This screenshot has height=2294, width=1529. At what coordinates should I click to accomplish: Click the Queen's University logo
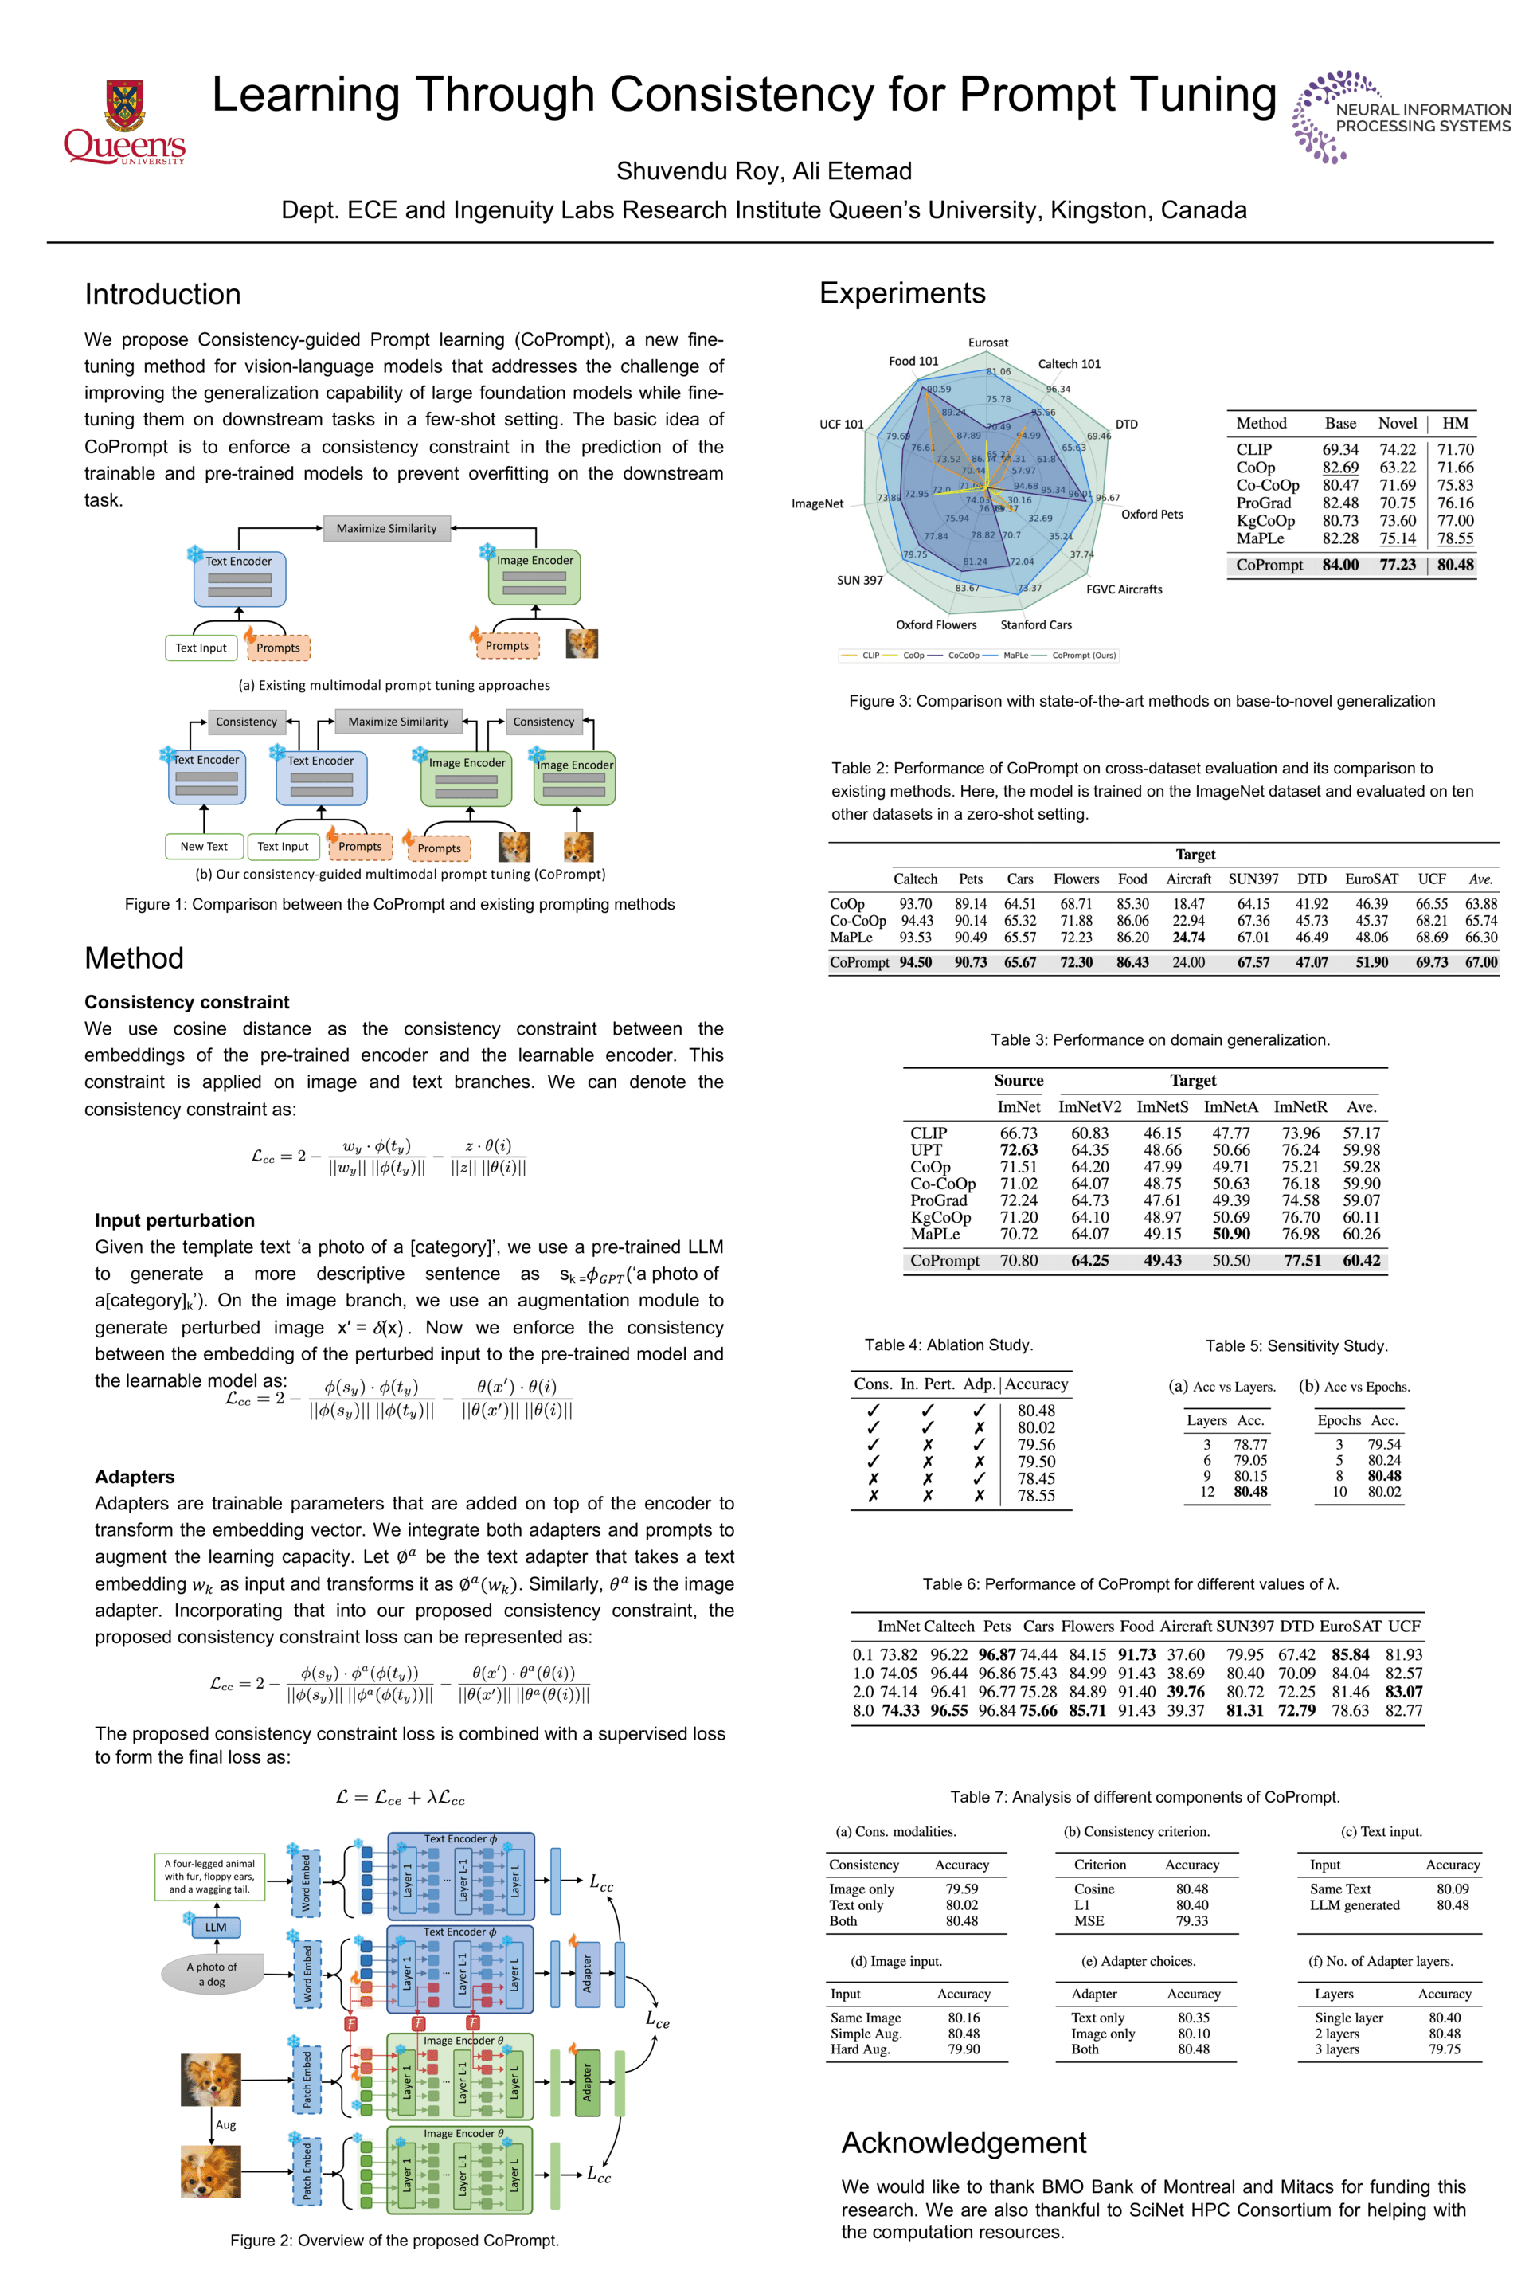point(124,122)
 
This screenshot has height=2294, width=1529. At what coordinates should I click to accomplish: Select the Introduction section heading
point(162,294)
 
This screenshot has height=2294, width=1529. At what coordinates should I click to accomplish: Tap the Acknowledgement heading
point(963,2143)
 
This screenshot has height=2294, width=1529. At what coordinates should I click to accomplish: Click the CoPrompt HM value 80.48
point(1455,565)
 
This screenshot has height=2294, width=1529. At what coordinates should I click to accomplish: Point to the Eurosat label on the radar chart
point(987,343)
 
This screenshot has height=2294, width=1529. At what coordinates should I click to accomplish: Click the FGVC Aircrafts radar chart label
point(1124,589)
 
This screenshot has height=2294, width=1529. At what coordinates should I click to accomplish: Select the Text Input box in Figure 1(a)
point(201,648)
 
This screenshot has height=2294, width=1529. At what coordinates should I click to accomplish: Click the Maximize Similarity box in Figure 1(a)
point(386,529)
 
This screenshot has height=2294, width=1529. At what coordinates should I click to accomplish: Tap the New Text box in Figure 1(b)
point(203,847)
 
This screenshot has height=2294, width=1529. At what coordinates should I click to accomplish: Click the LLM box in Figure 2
point(216,1928)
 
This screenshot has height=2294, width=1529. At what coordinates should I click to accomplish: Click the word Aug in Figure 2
point(225,2124)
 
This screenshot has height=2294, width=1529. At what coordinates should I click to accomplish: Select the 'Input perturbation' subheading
point(174,1220)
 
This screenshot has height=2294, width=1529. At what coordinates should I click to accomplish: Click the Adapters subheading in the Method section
point(135,1477)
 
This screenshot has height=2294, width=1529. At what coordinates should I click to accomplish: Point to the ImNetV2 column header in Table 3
point(1089,1107)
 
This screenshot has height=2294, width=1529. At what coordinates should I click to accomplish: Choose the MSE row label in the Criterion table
point(1089,1921)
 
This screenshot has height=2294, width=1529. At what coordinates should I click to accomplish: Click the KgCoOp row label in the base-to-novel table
point(1265,521)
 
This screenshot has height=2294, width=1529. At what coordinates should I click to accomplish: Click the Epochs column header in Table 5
point(1339,1420)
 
